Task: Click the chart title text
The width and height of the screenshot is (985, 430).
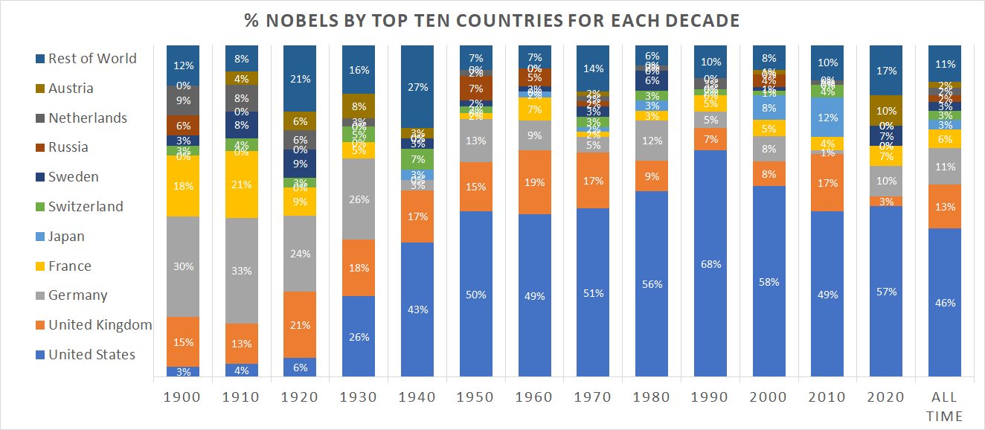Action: (492, 21)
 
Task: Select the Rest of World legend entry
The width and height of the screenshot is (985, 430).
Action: (92, 58)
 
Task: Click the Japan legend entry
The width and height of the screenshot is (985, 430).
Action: (66, 237)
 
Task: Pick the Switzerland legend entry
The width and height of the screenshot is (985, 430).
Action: (86, 207)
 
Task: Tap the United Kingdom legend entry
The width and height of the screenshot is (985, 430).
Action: (100, 325)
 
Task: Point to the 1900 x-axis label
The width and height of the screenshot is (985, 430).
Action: (182, 397)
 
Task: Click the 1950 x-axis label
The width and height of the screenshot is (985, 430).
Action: (476, 397)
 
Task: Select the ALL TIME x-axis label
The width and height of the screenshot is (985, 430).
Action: (946, 405)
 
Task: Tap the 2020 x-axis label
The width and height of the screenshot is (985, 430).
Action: (887, 397)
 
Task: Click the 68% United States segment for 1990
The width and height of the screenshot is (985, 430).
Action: (710, 263)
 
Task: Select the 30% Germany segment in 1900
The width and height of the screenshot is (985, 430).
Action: (182, 266)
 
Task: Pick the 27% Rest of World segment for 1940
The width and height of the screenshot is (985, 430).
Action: (417, 86)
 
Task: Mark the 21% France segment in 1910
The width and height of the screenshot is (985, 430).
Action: (241, 184)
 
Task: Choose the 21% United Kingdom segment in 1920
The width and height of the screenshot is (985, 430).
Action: (300, 324)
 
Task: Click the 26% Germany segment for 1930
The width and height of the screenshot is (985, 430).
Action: (358, 199)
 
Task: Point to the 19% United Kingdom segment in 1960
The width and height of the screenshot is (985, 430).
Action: (534, 182)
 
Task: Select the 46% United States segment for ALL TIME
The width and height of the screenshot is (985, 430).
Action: (946, 302)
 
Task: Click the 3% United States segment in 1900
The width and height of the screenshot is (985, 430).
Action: (182, 371)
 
